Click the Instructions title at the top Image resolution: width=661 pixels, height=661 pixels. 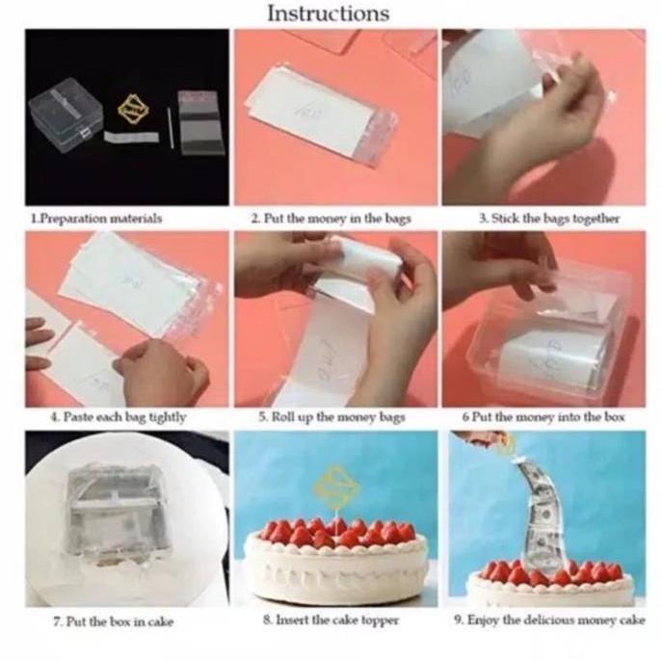tap(328, 13)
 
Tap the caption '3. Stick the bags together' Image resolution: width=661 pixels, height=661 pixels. tap(548, 218)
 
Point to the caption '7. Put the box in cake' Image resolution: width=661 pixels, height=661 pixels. tap(113, 621)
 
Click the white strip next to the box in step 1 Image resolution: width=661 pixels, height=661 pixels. tap(131, 137)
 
